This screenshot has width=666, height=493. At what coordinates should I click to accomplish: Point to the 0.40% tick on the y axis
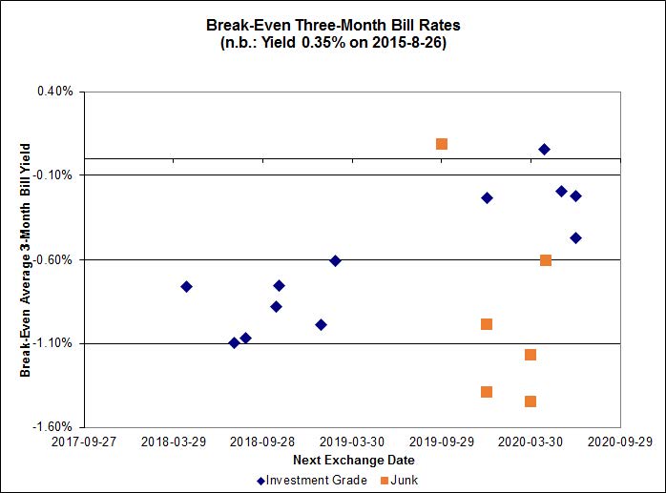55,92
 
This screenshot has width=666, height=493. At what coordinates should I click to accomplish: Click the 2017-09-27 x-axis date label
84,442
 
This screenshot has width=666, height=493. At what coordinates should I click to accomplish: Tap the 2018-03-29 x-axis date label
174,442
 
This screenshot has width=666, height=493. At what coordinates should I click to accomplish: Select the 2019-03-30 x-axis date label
353,442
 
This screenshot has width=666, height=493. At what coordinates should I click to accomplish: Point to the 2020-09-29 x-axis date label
620,442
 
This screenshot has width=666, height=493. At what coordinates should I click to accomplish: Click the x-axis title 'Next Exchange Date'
333,460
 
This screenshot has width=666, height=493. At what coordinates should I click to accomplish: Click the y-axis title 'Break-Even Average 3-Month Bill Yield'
26,259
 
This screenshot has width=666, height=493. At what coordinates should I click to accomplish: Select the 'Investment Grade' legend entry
312,480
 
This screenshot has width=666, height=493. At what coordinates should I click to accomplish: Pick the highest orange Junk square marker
442,144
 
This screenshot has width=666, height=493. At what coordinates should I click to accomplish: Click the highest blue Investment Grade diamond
544,149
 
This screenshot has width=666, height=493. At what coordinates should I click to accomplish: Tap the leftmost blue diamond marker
186,286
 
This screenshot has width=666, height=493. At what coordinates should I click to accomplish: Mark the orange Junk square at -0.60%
546,260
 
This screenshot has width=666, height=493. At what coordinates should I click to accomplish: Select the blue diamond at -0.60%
335,260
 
